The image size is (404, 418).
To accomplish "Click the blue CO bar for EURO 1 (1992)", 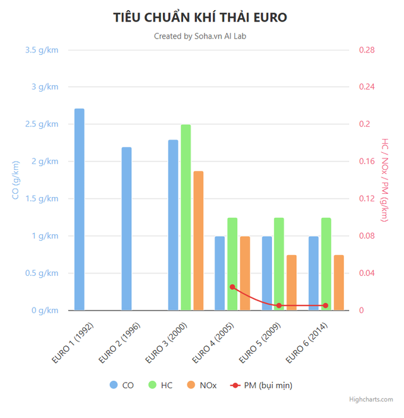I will coord(80,210).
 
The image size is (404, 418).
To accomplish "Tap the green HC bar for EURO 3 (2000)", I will coord(186,217).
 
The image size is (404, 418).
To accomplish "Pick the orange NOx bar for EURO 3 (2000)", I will coord(198,241).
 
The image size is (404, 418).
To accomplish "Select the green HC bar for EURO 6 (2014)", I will coord(326,264).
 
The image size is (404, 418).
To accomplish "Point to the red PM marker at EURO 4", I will coord(232,287).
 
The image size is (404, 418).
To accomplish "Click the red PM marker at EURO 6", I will coord(326,306).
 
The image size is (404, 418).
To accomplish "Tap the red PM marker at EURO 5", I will coord(279,306).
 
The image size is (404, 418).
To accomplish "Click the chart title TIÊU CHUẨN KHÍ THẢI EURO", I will coord(200,17).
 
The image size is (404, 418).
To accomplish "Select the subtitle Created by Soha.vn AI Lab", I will coord(200,36).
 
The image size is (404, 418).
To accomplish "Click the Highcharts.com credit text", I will coord(372,399).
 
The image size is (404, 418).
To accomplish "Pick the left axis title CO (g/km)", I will coord(16,180).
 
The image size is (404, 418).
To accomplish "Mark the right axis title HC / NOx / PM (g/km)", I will coord(385,180).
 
